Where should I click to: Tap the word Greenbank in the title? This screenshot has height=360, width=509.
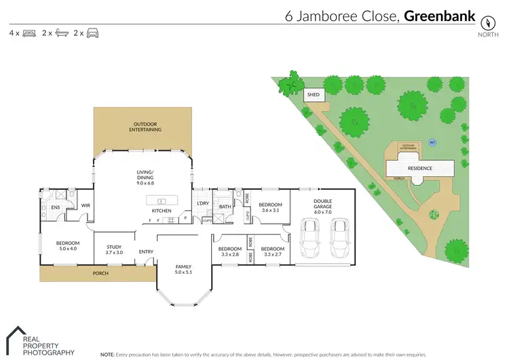coord(438,15)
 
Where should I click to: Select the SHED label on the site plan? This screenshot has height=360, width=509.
coord(313,95)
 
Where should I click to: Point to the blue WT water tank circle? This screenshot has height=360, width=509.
coord(432,142)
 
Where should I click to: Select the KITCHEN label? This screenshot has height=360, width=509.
coord(162,211)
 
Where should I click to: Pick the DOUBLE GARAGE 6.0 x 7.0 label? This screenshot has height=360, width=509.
coord(322,205)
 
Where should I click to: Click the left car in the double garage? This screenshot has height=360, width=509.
coord(309,239)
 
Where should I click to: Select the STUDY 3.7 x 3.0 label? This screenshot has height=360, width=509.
coord(113,249)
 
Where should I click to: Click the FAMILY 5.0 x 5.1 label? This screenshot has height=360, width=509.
coord(184,270)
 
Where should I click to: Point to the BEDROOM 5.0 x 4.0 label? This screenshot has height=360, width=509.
coord(67,246)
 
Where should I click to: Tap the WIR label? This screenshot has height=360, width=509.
coord(86,205)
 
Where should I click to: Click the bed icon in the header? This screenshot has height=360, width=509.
coord(29,32)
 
